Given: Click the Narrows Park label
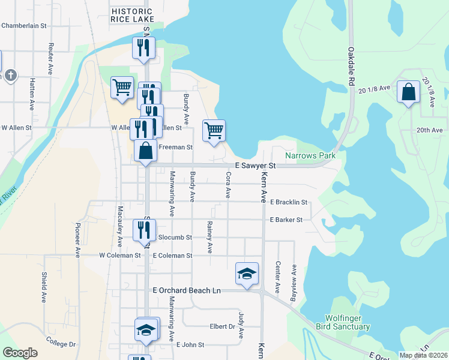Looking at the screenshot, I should coord(310,156).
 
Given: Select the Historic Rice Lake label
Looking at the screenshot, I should coord(133,16).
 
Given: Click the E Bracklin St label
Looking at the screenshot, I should coord(289,203).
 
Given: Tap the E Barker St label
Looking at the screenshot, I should coord(286,220).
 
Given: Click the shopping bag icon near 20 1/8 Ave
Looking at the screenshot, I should coord(408,93).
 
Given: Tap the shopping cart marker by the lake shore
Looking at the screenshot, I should coord(214,130).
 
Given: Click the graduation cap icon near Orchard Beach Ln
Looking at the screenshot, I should coord(247,274).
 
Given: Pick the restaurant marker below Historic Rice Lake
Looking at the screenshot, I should coord(143,48).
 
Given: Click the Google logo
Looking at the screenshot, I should coord(20,353).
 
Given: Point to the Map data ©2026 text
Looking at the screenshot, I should coord(423,355).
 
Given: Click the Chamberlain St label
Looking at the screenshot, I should coord(24,26).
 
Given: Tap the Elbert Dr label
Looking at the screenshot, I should coord(223,327).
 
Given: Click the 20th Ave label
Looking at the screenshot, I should coord(430,130).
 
